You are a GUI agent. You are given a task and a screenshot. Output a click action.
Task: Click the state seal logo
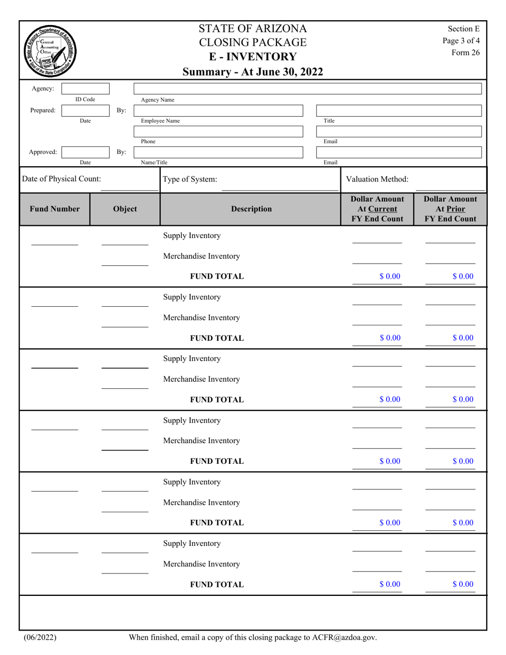point(50,51)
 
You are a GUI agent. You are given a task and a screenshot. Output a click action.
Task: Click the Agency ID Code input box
point(85,89)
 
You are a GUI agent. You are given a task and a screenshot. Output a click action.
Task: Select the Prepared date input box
point(85,110)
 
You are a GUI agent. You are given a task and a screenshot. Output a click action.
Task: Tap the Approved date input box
point(85,152)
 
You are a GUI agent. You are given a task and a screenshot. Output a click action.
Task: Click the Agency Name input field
point(307,88)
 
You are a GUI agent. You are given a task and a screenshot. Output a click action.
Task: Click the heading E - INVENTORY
point(252,57)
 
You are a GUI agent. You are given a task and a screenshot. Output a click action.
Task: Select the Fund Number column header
point(54,209)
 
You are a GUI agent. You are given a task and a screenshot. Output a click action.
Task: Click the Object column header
point(125,209)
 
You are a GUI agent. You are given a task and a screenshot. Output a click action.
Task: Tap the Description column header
point(251,209)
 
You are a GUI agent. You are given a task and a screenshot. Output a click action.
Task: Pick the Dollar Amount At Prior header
point(450,209)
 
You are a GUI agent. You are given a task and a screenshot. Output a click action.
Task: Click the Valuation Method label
point(377,179)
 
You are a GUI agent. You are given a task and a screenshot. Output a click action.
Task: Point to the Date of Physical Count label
point(61,179)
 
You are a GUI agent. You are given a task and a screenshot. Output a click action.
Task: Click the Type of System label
point(190,179)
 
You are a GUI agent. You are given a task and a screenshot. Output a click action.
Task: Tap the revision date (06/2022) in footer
point(40,637)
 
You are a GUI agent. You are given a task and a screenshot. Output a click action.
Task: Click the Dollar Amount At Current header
point(377,209)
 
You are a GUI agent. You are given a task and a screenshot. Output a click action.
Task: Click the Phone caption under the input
point(148,142)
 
